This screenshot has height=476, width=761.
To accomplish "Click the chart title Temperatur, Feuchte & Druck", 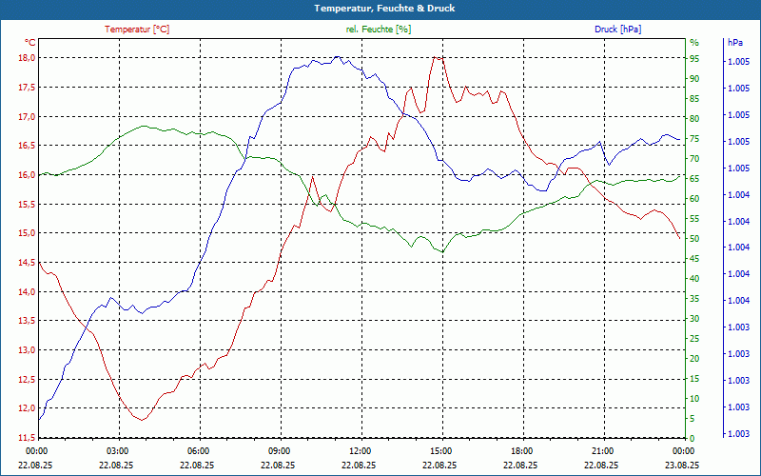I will pos(380,8).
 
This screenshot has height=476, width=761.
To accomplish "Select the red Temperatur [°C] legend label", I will pos(137,30).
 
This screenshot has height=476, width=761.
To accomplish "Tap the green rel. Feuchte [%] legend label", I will pos(379,30).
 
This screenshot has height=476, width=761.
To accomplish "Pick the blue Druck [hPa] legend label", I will pos(617,30).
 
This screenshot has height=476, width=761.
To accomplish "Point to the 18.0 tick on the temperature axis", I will pos(26,58).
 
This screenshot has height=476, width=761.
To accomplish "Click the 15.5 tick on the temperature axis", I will pos(26,205).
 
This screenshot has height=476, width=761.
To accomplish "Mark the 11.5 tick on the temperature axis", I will pos(26,438).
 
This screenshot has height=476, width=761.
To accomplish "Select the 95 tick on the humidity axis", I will pos(694,58).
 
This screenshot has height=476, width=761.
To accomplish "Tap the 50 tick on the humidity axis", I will pos(694,238).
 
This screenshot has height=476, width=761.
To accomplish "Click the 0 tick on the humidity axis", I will pos(692,438).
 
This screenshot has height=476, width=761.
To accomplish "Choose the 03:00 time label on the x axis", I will pos(118,450).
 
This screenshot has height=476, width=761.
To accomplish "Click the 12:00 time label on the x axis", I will pos(361,450).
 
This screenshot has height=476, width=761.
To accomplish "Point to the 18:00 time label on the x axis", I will pos(521,450).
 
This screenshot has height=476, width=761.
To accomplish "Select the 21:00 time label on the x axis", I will pos(602,450).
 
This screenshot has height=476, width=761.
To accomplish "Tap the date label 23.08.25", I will pos(682,465).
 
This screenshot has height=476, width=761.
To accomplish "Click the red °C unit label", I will pos(30,42).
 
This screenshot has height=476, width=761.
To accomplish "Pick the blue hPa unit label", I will pos(734,42).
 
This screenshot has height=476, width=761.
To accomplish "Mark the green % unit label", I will pos(694,42).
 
